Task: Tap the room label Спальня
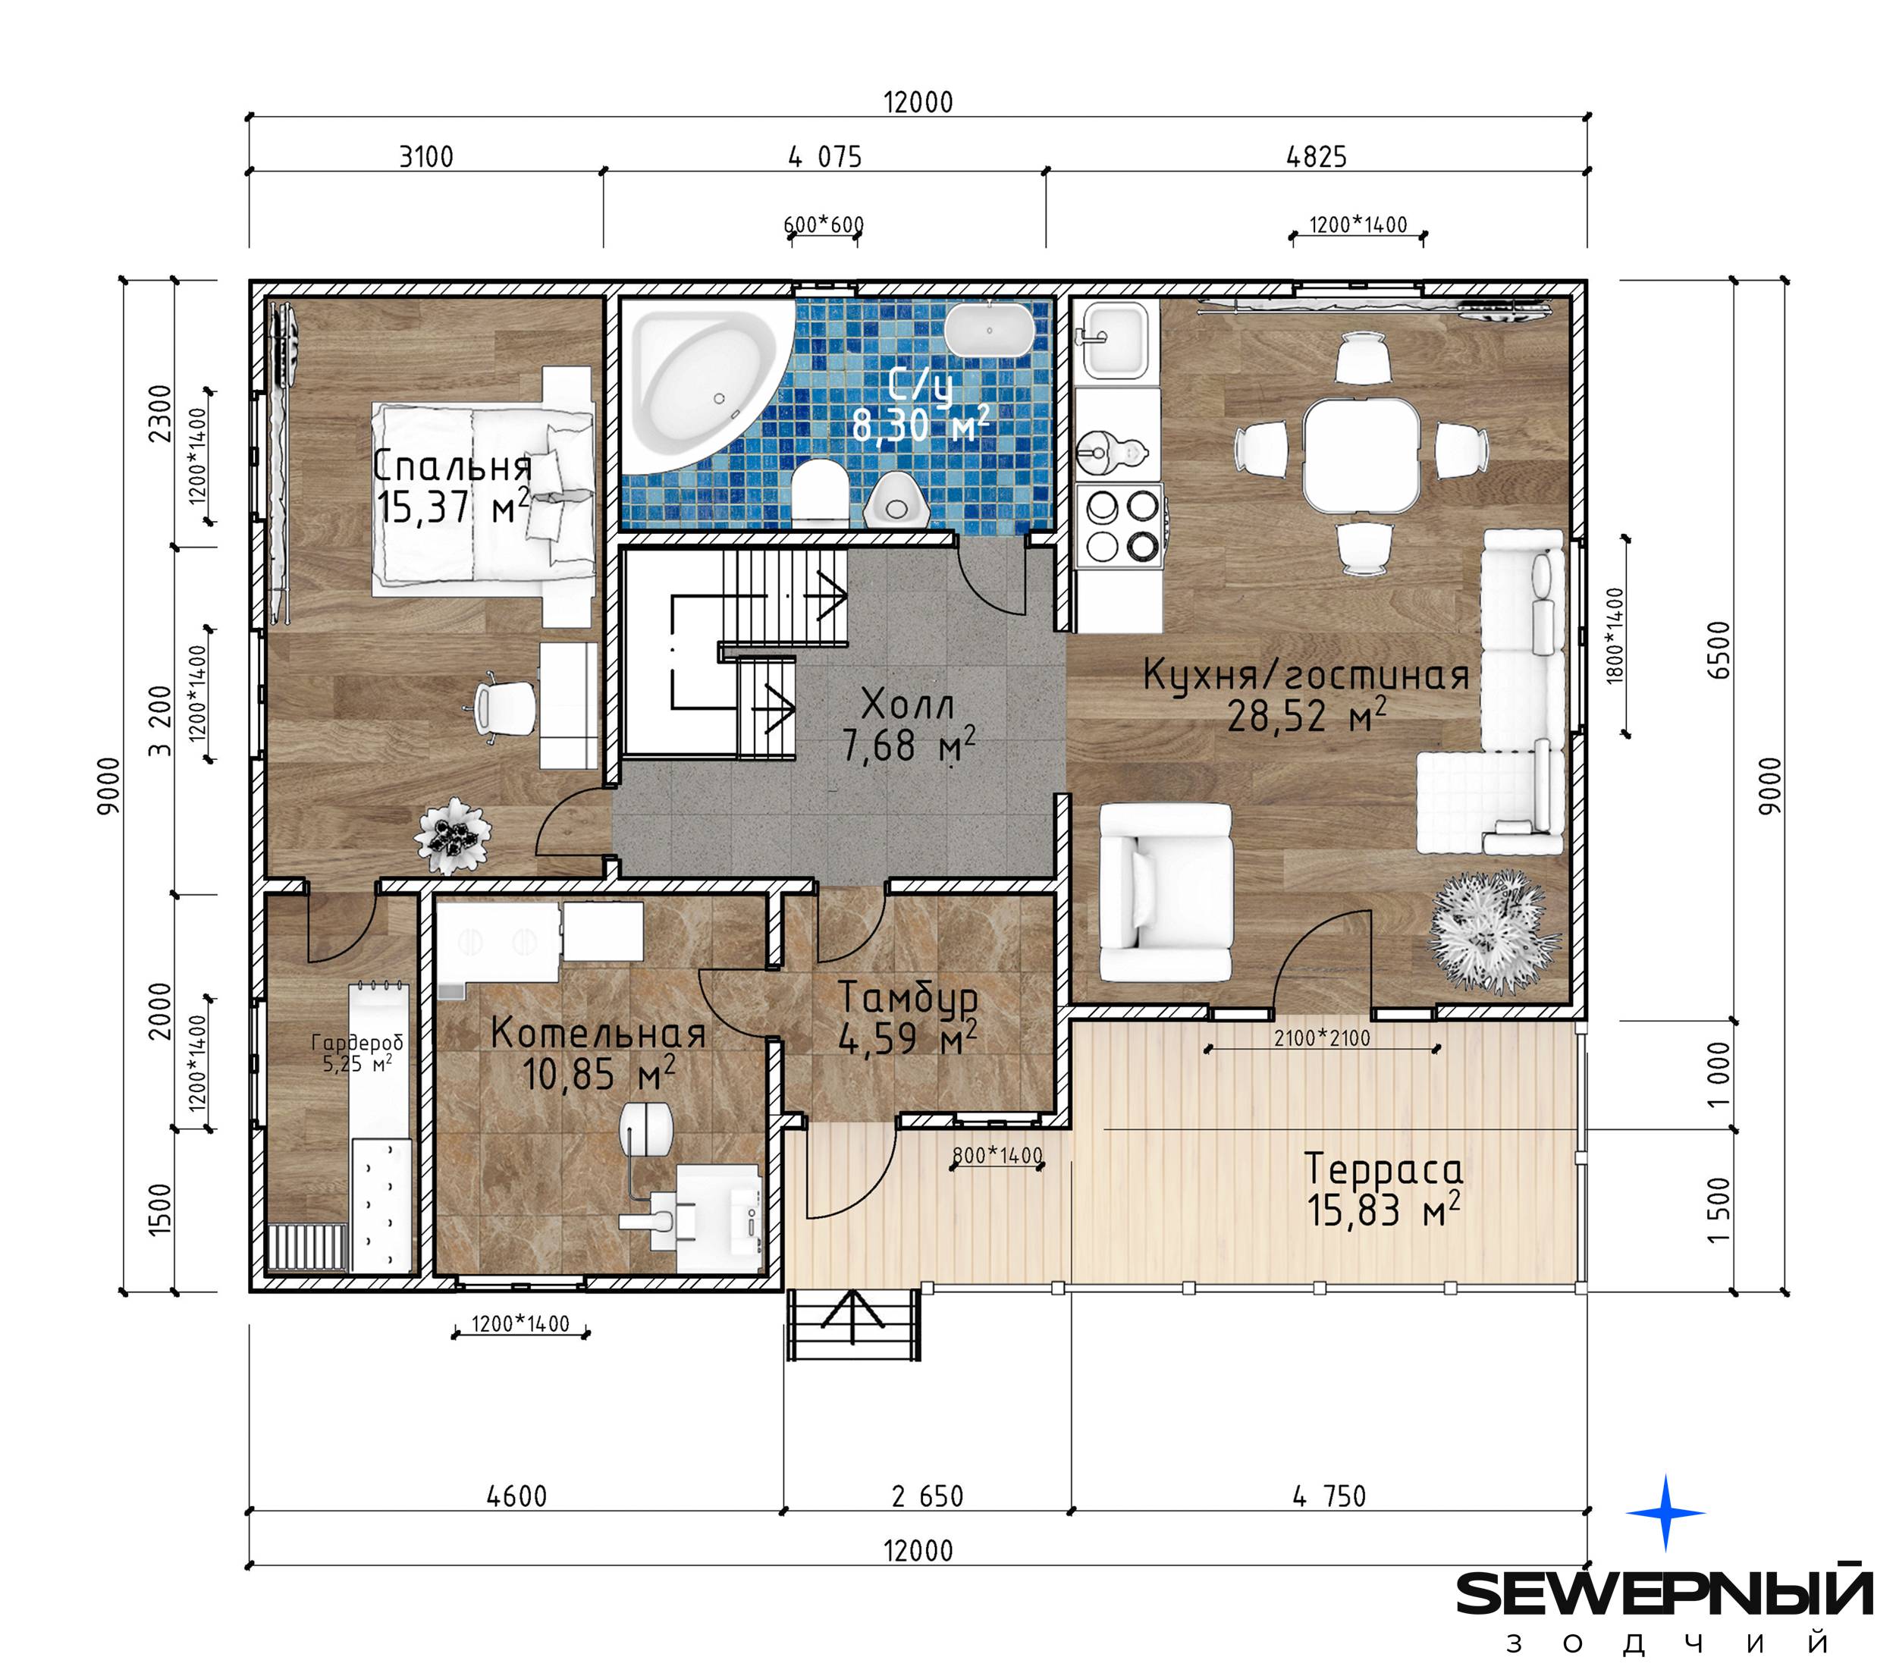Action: tap(452, 466)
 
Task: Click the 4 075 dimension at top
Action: tap(824, 157)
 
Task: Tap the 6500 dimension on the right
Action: tap(1719, 650)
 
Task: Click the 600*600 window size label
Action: tap(824, 224)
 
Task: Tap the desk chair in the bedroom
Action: tap(501, 709)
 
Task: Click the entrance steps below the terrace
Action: tap(854, 1325)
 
